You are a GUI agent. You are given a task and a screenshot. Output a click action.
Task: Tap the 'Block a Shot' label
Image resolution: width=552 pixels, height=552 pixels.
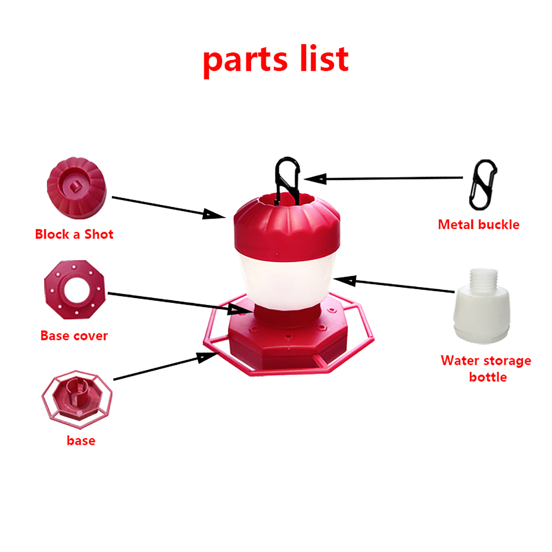(x=74, y=234)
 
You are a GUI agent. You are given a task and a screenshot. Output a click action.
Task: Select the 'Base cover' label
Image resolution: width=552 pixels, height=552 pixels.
(x=74, y=336)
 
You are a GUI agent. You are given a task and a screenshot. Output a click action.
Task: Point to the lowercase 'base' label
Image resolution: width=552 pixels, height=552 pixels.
(x=81, y=441)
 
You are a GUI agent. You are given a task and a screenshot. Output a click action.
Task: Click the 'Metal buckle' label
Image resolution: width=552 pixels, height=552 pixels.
(x=479, y=225)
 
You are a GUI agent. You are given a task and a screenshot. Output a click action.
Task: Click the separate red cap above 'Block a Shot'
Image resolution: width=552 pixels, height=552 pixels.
(x=77, y=188)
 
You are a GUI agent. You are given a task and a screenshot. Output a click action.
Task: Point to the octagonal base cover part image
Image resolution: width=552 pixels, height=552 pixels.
(x=74, y=290)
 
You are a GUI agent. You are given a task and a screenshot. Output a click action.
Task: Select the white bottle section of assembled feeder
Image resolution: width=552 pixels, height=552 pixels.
(x=286, y=281)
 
